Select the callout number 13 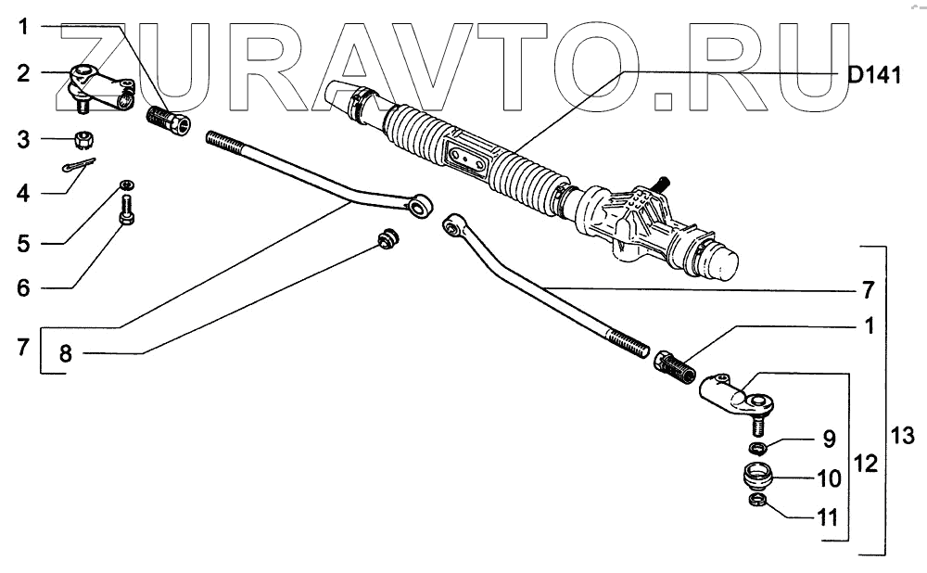(901, 435)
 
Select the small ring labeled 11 (756, 503)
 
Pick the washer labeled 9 (758, 449)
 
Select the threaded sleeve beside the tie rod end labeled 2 (169, 121)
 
